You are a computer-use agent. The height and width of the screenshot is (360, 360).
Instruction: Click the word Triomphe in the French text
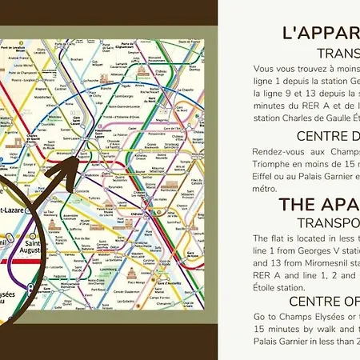point(275,162)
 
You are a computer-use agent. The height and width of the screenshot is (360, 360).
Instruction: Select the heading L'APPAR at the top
point(320,33)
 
